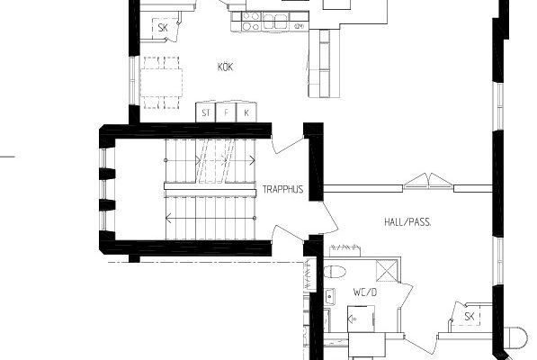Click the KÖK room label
pos(226,67)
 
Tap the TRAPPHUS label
pos(282,189)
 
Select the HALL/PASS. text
pos(407,222)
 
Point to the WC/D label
pos(365,292)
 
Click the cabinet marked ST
pos(205,112)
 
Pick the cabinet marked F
pos(226,112)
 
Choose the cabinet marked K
pos(246,112)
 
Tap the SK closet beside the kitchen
pos(164,28)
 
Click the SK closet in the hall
pos(469,316)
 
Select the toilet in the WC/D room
pos(335,272)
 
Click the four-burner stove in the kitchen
pos(251,22)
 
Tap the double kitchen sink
pos(275,22)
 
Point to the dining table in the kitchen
pos(161,83)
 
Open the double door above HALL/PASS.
pos(428,182)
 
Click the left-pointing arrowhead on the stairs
pos(168,218)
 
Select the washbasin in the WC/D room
pos(329,296)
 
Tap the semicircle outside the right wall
pos(517,337)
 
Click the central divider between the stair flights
pos(210,189)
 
